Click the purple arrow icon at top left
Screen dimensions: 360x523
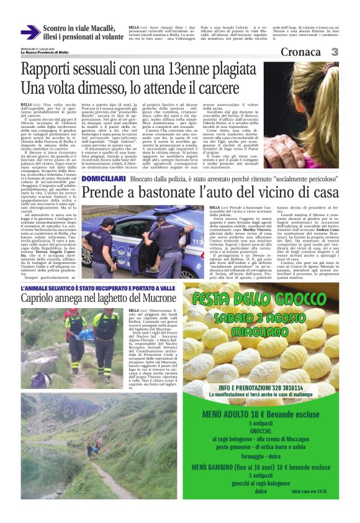30,32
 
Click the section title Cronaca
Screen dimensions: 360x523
304,52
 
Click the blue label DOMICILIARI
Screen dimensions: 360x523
104,161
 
